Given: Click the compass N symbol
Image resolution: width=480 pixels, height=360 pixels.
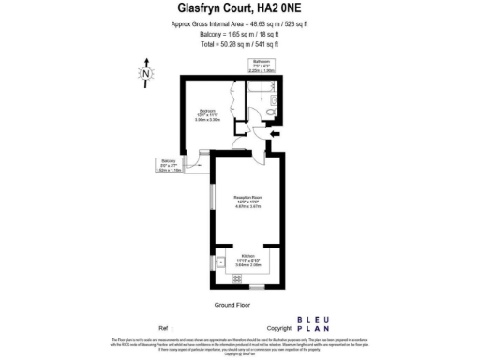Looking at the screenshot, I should coord(145,70).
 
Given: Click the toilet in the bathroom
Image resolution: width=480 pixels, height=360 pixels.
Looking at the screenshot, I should coord(267,113).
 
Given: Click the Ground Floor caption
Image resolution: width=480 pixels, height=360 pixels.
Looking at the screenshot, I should coord(232,305).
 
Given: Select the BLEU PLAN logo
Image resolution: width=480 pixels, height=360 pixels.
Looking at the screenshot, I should coord(311,323).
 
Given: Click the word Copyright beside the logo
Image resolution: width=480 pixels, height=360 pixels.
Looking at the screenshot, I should coord(279,328).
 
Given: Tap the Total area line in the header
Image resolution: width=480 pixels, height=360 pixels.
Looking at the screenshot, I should coord(239,44).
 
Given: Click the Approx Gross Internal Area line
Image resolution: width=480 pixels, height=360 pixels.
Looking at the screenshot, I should coord(239,23).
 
